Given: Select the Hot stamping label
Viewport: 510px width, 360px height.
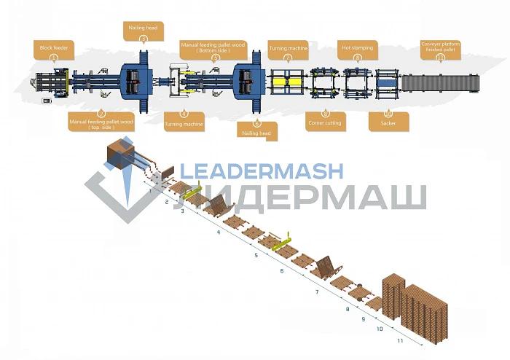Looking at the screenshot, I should tap(358, 48).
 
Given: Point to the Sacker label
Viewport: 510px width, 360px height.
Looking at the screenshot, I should tap(388, 123).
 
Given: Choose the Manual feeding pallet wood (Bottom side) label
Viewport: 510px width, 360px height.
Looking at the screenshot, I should tap(213, 47).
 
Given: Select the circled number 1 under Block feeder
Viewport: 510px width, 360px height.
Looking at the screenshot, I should tap(53, 57).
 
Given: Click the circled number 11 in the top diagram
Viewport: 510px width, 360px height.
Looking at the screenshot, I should tap(439, 57).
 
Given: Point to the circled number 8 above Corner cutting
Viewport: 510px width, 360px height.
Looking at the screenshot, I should tap(324, 114).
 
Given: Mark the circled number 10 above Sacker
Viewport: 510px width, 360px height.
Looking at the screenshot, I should tap(387, 114).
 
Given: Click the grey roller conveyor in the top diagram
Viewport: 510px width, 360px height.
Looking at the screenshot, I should tap(442, 82).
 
